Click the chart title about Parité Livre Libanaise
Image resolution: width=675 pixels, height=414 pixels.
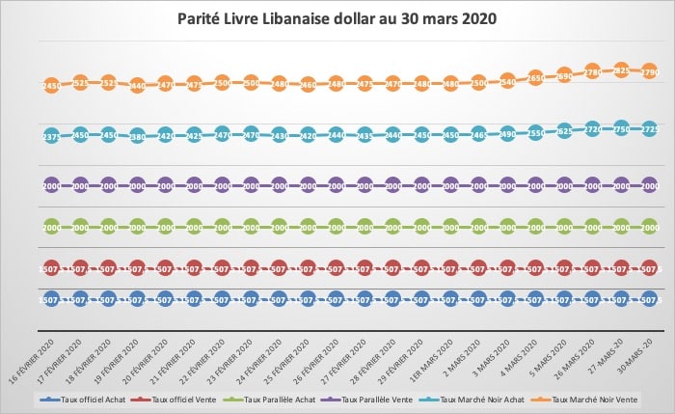(x=337, y=17)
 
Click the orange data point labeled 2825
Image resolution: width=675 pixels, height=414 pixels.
(x=621, y=70)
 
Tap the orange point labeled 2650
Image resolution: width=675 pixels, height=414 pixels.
(x=536, y=77)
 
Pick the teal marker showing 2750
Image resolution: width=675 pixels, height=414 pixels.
(x=621, y=129)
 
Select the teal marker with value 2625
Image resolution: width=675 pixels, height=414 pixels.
(x=564, y=131)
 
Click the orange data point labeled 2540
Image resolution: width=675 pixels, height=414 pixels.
(x=507, y=82)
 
